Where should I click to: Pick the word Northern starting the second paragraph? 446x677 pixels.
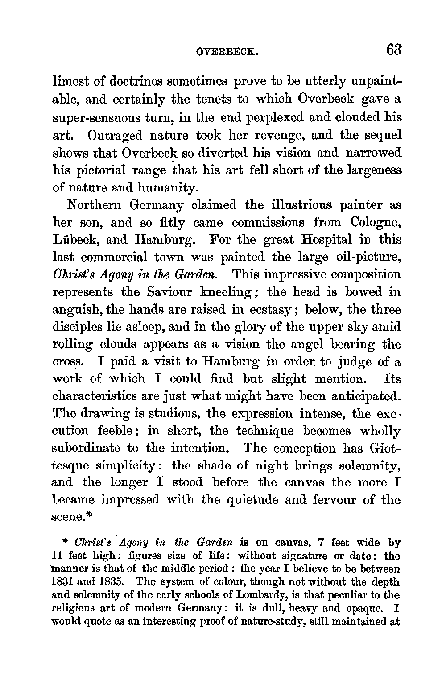click(x=93, y=205)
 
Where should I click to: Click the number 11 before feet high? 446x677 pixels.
click(x=58, y=556)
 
